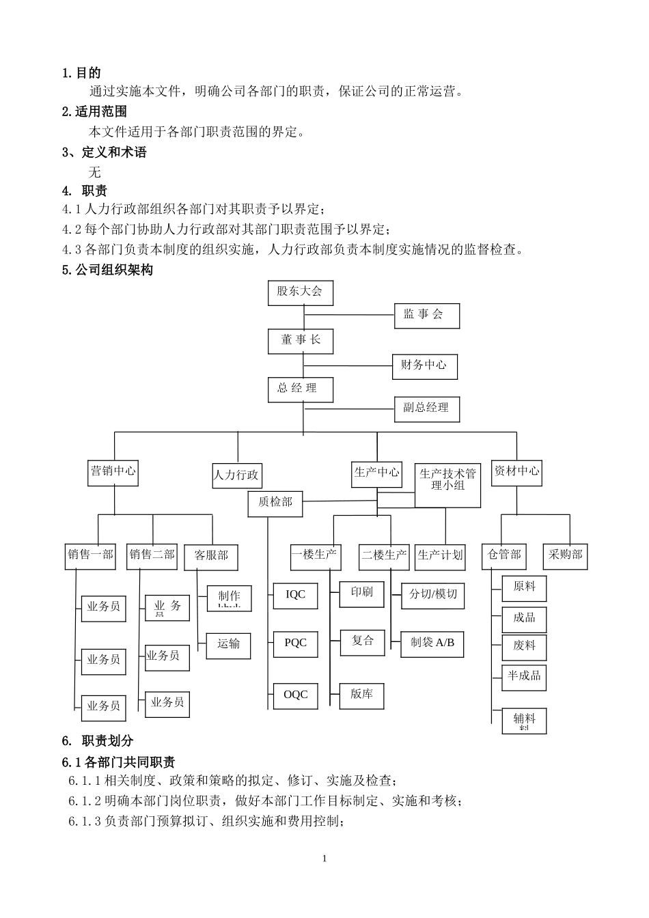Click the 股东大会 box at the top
[x=299, y=292]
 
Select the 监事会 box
[x=426, y=315]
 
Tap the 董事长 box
[x=300, y=340]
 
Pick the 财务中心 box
[x=424, y=366]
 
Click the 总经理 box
[x=300, y=389]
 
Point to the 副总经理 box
[x=426, y=408]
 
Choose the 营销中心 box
[x=113, y=471]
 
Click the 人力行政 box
[x=237, y=475]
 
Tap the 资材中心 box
[x=516, y=471]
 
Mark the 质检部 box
[x=275, y=503]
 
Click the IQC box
[x=295, y=596]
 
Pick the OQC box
[x=295, y=695]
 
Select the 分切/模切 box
[x=432, y=595]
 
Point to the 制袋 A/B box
[x=432, y=643]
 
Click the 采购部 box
[x=565, y=555]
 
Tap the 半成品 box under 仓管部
[x=524, y=676]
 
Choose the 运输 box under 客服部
[x=228, y=644]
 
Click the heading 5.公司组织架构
[x=107, y=270]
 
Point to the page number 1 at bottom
[x=324, y=859]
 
